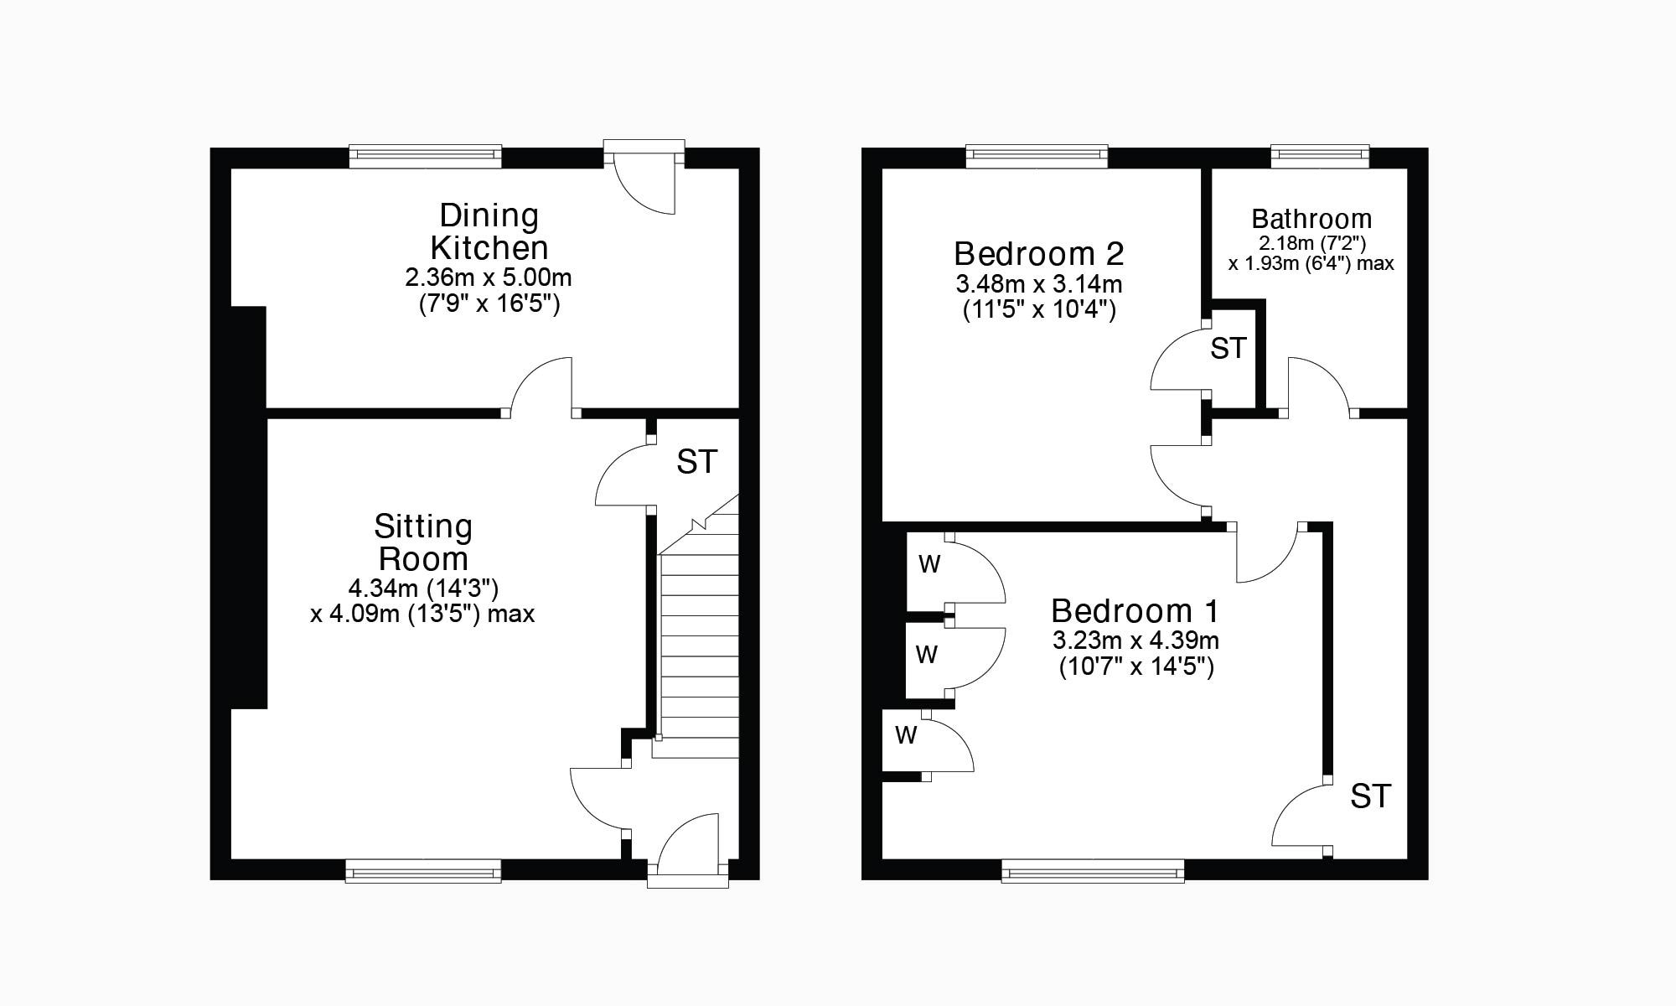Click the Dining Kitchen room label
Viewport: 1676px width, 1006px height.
tap(489, 232)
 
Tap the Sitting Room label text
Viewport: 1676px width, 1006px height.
tap(423, 542)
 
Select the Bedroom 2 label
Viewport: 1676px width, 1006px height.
tap(1038, 253)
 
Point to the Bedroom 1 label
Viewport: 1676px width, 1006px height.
tap(1135, 610)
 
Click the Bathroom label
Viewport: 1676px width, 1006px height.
tap(1311, 220)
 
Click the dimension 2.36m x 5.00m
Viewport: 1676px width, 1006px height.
tap(489, 277)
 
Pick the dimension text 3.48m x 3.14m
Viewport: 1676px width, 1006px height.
tap(1038, 284)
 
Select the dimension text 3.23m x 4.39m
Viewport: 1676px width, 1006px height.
tap(1135, 641)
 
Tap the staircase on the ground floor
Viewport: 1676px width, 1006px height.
tap(698, 646)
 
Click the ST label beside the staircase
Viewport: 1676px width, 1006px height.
tap(697, 462)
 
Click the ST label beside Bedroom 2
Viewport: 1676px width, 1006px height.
tap(1229, 348)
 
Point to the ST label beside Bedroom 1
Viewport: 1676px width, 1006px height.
tap(1370, 796)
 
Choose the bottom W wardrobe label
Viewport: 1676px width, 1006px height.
tap(906, 736)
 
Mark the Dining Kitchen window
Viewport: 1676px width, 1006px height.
tap(426, 156)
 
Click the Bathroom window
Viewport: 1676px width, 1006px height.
tap(1320, 156)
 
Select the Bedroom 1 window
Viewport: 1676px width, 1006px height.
tap(1093, 872)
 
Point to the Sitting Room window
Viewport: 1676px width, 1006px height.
tap(423, 872)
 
